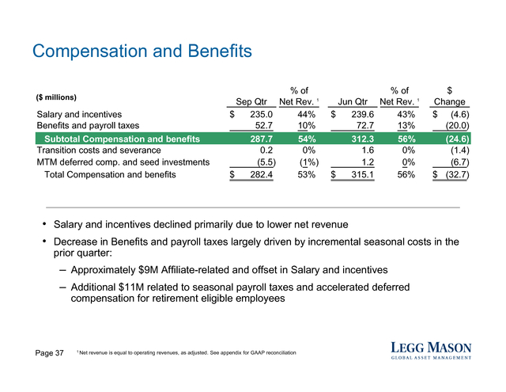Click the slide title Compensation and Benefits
click(142, 51)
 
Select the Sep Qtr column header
click(251, 102)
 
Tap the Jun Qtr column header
click(353, 102)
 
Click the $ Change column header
click(450, 97)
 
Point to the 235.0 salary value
click(261, 114)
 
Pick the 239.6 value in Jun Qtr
click(363, 114)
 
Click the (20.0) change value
click(457, 126)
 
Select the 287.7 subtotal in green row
click(262, 139)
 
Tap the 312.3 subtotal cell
click(363, 139)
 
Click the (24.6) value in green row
click(457, 139)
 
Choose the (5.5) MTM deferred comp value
click(266, 162)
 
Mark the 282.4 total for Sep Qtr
click(262, 175)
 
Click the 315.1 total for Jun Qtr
click(363, 175)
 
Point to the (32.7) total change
click(457, 175)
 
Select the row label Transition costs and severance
click(99, 150)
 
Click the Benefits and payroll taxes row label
click(88, 126)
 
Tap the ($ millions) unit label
click(56, 97)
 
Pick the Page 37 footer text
click(49, 353)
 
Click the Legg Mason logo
click(431, 351)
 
